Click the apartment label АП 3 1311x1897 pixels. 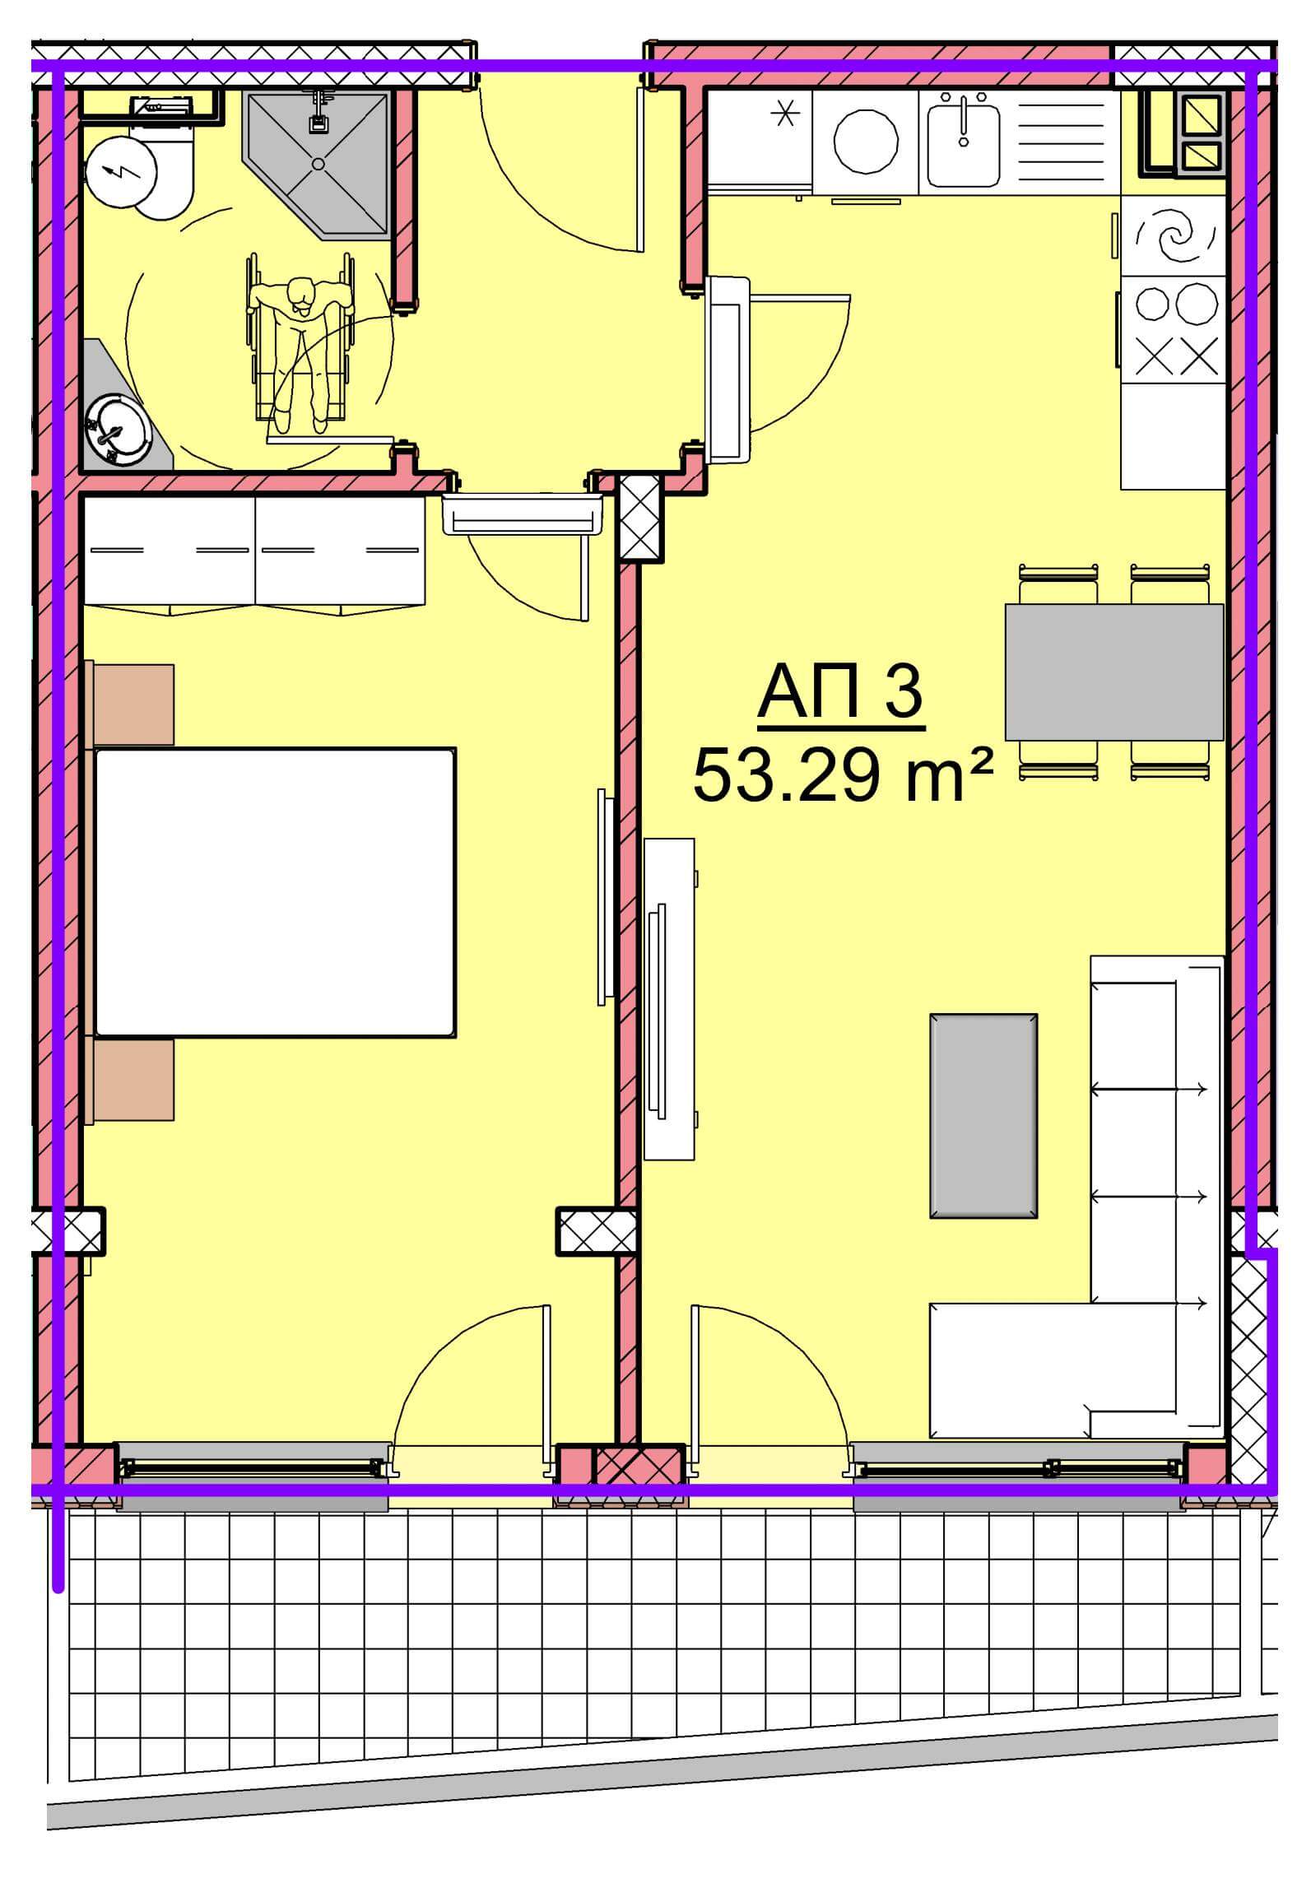click(839, 695)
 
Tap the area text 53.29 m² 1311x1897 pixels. click(843, 777)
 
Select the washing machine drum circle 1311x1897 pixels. click(866, 142)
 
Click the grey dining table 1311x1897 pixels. click(1114, 672)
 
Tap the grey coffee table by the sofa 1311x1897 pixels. click(983, 1115)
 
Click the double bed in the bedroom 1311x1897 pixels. click(275, 892)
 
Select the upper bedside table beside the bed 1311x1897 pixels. click(130, 704)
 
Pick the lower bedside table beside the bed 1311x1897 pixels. click(130, 1080)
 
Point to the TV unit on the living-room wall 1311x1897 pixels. click(668, 999)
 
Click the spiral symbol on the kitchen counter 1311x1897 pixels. click(1174, 236)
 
